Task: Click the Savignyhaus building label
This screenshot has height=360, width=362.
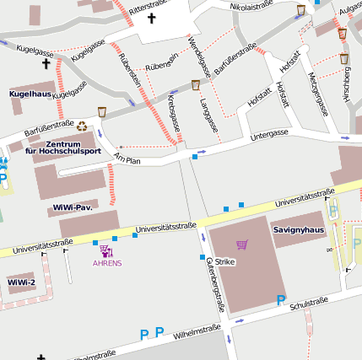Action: [298, 229]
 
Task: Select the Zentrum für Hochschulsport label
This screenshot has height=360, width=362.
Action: [62, 147]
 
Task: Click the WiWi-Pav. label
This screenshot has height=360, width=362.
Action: [71, 207]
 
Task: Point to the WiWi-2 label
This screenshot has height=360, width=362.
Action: [21, 282]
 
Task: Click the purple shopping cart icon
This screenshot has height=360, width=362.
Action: [242, 244]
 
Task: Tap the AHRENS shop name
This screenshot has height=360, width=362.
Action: [107, 263]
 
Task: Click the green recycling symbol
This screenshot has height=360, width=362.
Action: [82, 126]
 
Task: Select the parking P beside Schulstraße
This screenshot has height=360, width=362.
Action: [281, 300]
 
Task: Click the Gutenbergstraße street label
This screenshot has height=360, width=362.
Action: [215, 286]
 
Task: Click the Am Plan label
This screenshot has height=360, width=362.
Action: [127, 159]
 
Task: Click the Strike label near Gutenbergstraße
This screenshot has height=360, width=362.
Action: [225, 262]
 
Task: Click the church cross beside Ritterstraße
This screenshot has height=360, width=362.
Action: [152, 17]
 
